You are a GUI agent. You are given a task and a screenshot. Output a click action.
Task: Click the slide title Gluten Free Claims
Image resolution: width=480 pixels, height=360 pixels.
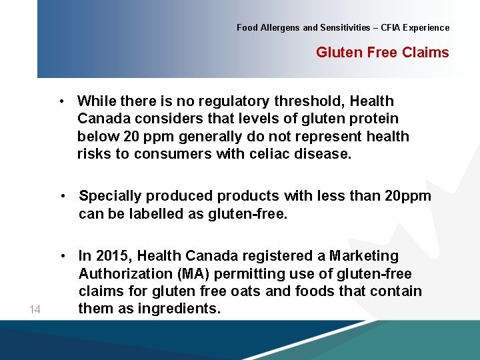point(382,53)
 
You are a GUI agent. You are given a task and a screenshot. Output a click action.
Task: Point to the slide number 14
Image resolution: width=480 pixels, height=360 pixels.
point(35,309)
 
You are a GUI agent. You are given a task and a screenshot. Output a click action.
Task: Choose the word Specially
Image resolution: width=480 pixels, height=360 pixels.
point(111,196)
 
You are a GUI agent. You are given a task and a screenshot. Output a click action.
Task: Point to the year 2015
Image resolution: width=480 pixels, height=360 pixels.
point(113,256)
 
